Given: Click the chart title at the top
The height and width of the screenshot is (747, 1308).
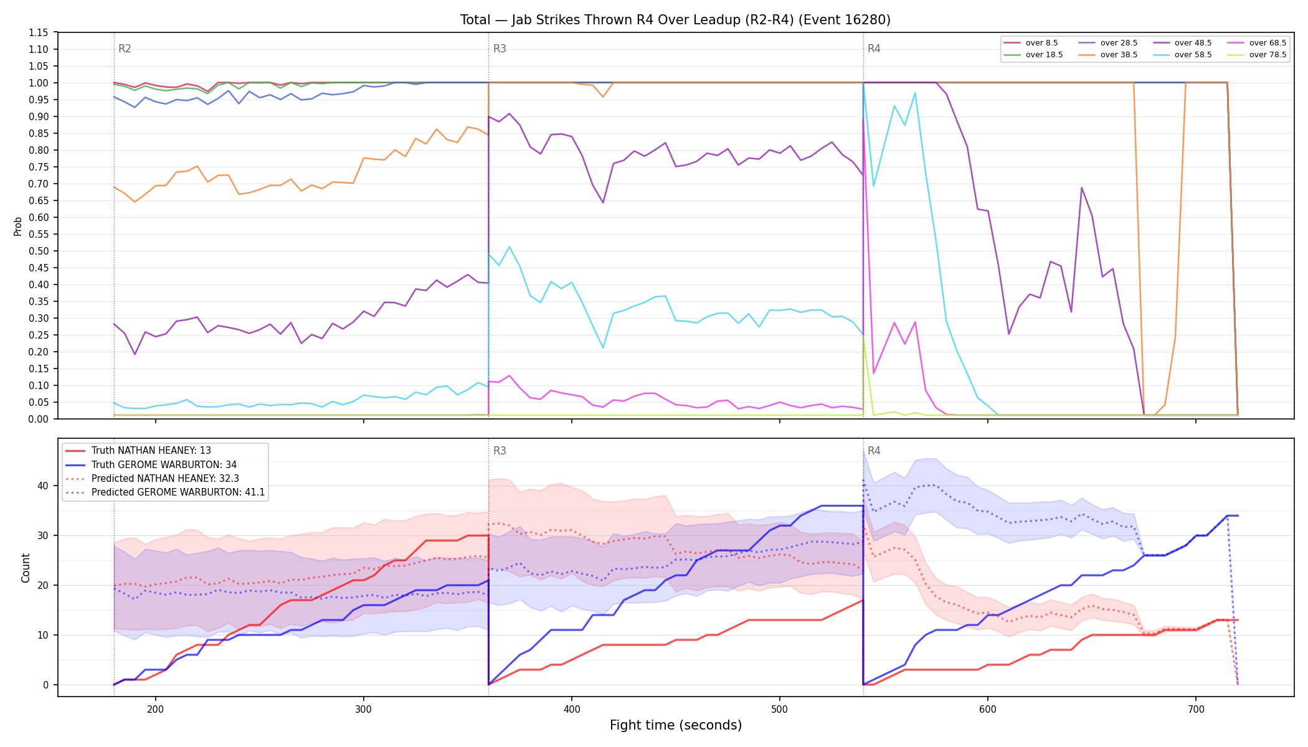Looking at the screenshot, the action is click(675, 20).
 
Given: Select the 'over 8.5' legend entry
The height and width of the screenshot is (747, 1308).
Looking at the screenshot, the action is click(1031, 43).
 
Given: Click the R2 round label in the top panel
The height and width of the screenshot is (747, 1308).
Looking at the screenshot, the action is click(125, 49).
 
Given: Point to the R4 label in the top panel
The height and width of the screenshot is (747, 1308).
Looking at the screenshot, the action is click(874, 49).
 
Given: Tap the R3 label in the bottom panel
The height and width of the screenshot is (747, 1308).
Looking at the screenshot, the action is click(500, 451).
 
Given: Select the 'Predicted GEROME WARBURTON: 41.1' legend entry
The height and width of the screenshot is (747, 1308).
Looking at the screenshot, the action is click(165, 492).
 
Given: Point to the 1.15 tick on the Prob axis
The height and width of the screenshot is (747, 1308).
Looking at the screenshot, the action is click(39, 32).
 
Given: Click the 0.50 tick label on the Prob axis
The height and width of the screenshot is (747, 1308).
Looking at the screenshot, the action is click(39, 251).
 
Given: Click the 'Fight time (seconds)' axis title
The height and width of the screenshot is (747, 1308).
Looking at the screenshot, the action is click(676, 725).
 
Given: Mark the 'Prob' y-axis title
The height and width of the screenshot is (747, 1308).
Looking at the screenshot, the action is click(18, 226).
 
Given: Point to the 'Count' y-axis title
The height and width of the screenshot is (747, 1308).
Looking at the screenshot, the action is click(26, 568).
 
